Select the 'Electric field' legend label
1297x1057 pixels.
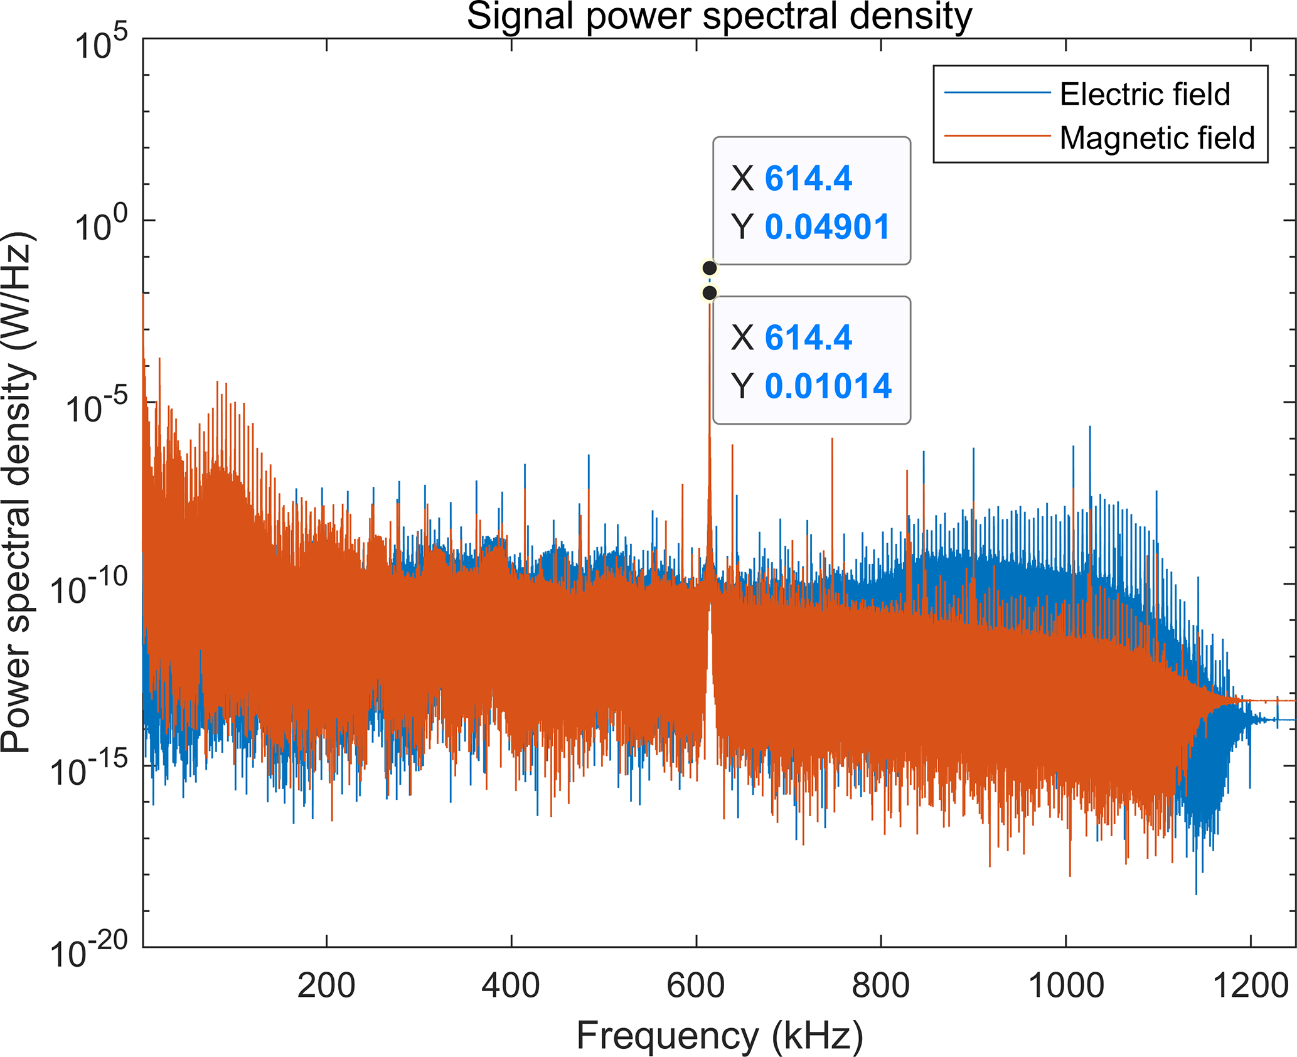(x=1145, y=94)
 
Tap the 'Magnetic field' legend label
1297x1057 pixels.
(x=1157, y=138)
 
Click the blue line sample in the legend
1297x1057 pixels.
(x=997, y=93)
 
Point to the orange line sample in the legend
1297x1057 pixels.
(x=997, y=135)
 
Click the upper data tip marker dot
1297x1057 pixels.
(x=710, y=268)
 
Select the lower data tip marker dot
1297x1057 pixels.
(x=710, y=293)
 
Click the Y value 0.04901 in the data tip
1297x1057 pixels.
(x=828, y=226)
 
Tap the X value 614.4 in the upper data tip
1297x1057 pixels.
(x=808, y=178)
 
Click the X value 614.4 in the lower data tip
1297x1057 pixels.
(x=808, y=337)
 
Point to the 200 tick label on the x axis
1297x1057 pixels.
(x=326, y=985)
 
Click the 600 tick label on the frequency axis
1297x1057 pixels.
(x=696, y=985)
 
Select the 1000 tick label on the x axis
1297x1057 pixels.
(x=1065, y=985)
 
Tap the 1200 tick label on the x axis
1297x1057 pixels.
(x=1251, y=985)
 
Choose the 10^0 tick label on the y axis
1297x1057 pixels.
(x=100, y=226)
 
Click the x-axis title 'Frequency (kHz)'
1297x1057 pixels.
(x=719, y=1035)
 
